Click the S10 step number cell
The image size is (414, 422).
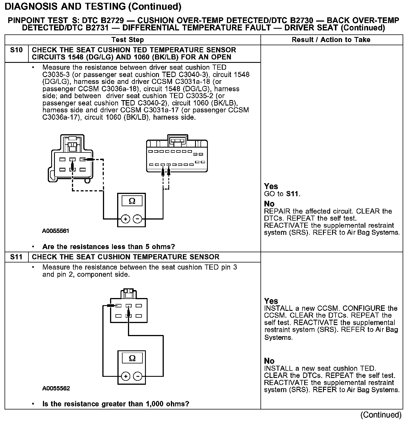tap(16, 50)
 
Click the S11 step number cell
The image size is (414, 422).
tap(16, 257)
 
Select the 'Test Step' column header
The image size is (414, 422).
tap(128, 40)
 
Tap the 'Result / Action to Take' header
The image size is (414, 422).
tap(331, 40)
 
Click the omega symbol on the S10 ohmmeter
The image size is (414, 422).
tap(132, 201)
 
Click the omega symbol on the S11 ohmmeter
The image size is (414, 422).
tap(132, 358)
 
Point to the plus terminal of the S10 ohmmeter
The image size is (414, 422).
tap(125, 219)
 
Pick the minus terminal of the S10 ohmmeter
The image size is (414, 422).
tap(137, 219)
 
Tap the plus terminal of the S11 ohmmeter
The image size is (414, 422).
tap(125, 376)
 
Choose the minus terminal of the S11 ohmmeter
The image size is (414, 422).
tap(138, 376)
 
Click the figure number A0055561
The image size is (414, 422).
tap(56, 231)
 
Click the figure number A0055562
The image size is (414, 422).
tap(56, 388)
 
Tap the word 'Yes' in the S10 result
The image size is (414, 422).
tap(271, 187)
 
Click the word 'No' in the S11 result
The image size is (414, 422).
tap(269, 361)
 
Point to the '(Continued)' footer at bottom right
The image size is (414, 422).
tap(381, 415)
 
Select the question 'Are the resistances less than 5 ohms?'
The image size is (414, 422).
tap(109, 247)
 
